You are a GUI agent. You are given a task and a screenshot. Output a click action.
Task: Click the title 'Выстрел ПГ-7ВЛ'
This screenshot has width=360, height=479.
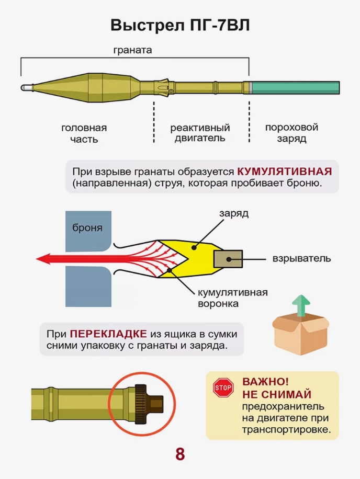point(179,25)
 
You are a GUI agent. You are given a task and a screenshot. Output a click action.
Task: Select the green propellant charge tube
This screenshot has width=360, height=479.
point(296,87)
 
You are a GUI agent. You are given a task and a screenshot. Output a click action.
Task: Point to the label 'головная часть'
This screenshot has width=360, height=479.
point(84,134)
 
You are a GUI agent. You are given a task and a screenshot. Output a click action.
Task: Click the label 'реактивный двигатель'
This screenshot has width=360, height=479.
point(200,133)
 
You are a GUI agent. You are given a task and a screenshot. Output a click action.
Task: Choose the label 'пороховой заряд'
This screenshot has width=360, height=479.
point(291,133)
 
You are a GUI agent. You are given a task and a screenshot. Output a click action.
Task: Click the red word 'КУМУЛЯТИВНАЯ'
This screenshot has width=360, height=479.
point(285,172)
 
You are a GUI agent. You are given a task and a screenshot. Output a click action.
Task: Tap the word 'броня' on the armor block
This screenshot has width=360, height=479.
point(87,228)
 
